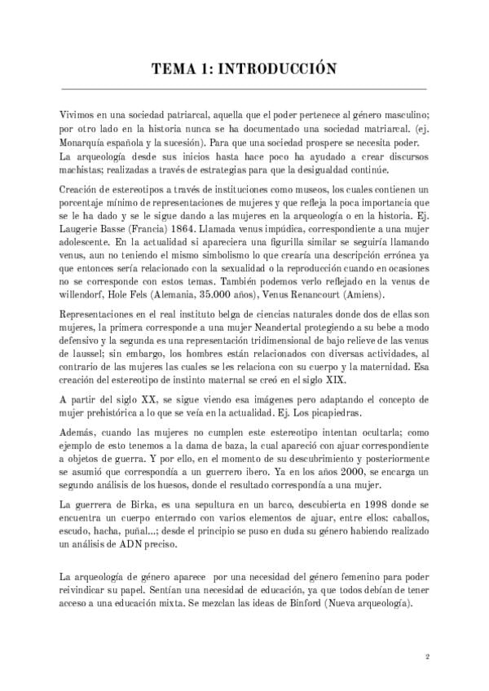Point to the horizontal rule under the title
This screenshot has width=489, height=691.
pyautogui.click(x=244, y=88)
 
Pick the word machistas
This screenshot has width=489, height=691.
pyautogui.click(x=84, y=169)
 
